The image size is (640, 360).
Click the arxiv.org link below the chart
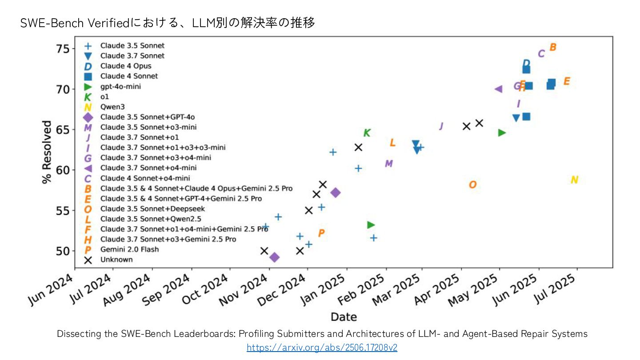click(x=322, y=348)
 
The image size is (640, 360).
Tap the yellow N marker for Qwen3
click(x=574, y=180)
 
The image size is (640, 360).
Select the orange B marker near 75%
click(x=553, y=47)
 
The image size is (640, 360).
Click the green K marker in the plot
click(x=367, y=133)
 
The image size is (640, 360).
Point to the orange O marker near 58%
click(x=472, y=184)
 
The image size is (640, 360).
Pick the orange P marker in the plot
click(x=321, y=233)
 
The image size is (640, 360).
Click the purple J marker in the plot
click(x=441, y=126)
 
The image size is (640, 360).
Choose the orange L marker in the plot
click(x=392, y=143)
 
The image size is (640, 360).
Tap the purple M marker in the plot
click(x=388, y=164)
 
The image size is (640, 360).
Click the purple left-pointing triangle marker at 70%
click(x=498, y=89)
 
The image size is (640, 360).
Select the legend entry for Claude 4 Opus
click(x=125, y=66)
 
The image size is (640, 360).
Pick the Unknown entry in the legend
click(x=116, y=260)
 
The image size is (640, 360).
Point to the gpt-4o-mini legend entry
click(x=120, y=86)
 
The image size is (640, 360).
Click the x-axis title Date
click(x=344, y=316)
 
